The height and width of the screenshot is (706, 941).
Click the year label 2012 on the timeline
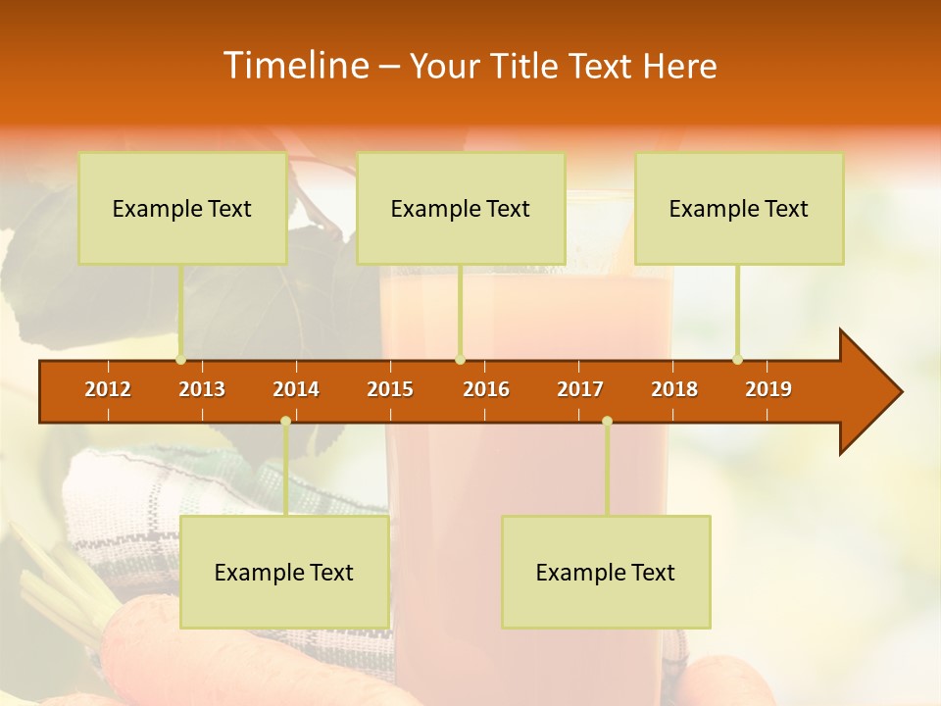pos(108,389)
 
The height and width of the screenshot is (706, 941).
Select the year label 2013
pos(202,389)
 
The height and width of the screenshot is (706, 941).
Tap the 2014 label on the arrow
pos(296,389)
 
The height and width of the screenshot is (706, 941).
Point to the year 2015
pos(390,389)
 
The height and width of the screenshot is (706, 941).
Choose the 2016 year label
pos(486,389)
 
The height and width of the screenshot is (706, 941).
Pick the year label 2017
pos(580,389)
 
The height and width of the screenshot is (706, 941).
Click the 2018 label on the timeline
pos(674,389)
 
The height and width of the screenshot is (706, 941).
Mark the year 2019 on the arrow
pos(768,389)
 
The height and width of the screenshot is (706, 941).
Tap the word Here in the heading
pos(679,67)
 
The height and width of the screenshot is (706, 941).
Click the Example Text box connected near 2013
pos(182,208)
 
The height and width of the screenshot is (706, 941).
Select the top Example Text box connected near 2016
pos(461,208)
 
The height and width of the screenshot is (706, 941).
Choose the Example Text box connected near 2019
pos(739,208)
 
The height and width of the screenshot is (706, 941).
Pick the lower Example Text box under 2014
pos(284,572)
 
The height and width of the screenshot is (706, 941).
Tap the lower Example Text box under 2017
pos(606,572)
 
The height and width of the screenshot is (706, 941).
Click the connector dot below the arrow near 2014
pos(285,422)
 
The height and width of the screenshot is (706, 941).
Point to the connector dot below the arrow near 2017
pos(607,422)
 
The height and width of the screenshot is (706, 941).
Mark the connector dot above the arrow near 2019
pos(737,360)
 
